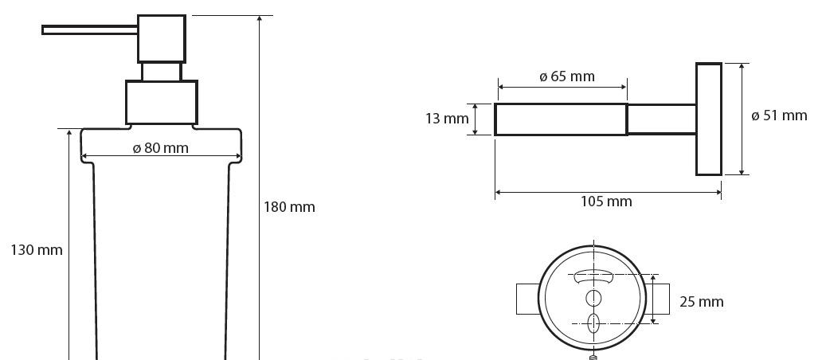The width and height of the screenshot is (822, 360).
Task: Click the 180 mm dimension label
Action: [x=289, y=207]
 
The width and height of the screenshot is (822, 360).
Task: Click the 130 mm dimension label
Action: [x=36, y=250]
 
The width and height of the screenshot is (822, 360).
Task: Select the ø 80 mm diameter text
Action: [x=160, y=148]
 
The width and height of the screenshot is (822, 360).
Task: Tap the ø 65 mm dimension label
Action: [x=567, y=76]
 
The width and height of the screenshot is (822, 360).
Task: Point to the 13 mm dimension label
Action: [x=447, y=119]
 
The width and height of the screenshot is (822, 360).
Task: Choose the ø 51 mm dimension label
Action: [x=779, y=115]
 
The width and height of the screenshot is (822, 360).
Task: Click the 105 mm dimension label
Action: [x=606, y=202]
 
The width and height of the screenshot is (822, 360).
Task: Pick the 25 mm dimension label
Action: [x=702, y=302]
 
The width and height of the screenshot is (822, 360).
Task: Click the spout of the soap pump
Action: [x=90, y=30]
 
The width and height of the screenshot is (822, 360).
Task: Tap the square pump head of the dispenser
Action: [x=162, y=39]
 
